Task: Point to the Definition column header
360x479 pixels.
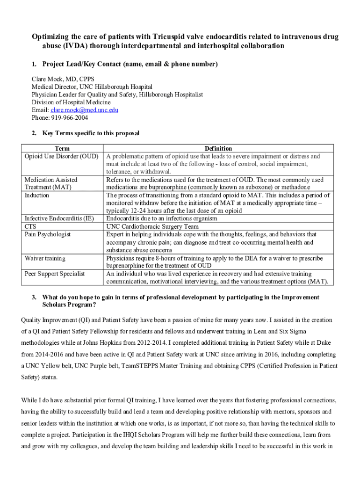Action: pyautogui.click(x=218, y=148)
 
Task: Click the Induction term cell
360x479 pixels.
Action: pyautogui.click(x=37, y=195)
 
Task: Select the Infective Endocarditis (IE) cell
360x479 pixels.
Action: pyautogui.click(x=59, y=218)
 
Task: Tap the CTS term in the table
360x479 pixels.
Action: pyautogui.click(x=31, y=226)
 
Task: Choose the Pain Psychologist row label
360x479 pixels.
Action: pyautogui.click(x=48, y=234)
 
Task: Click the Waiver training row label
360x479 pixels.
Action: pyautogui.click(x=45, y=258)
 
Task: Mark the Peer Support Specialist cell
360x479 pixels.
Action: pyautogui.click(x=55, y=274)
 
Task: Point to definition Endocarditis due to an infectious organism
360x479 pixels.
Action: pyautogui.click(x=162, y=218)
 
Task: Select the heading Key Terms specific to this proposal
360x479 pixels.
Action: pyautogui.click(x=91, y=133)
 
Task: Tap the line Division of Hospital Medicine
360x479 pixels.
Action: pyautogui.click(x=71, y=102)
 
